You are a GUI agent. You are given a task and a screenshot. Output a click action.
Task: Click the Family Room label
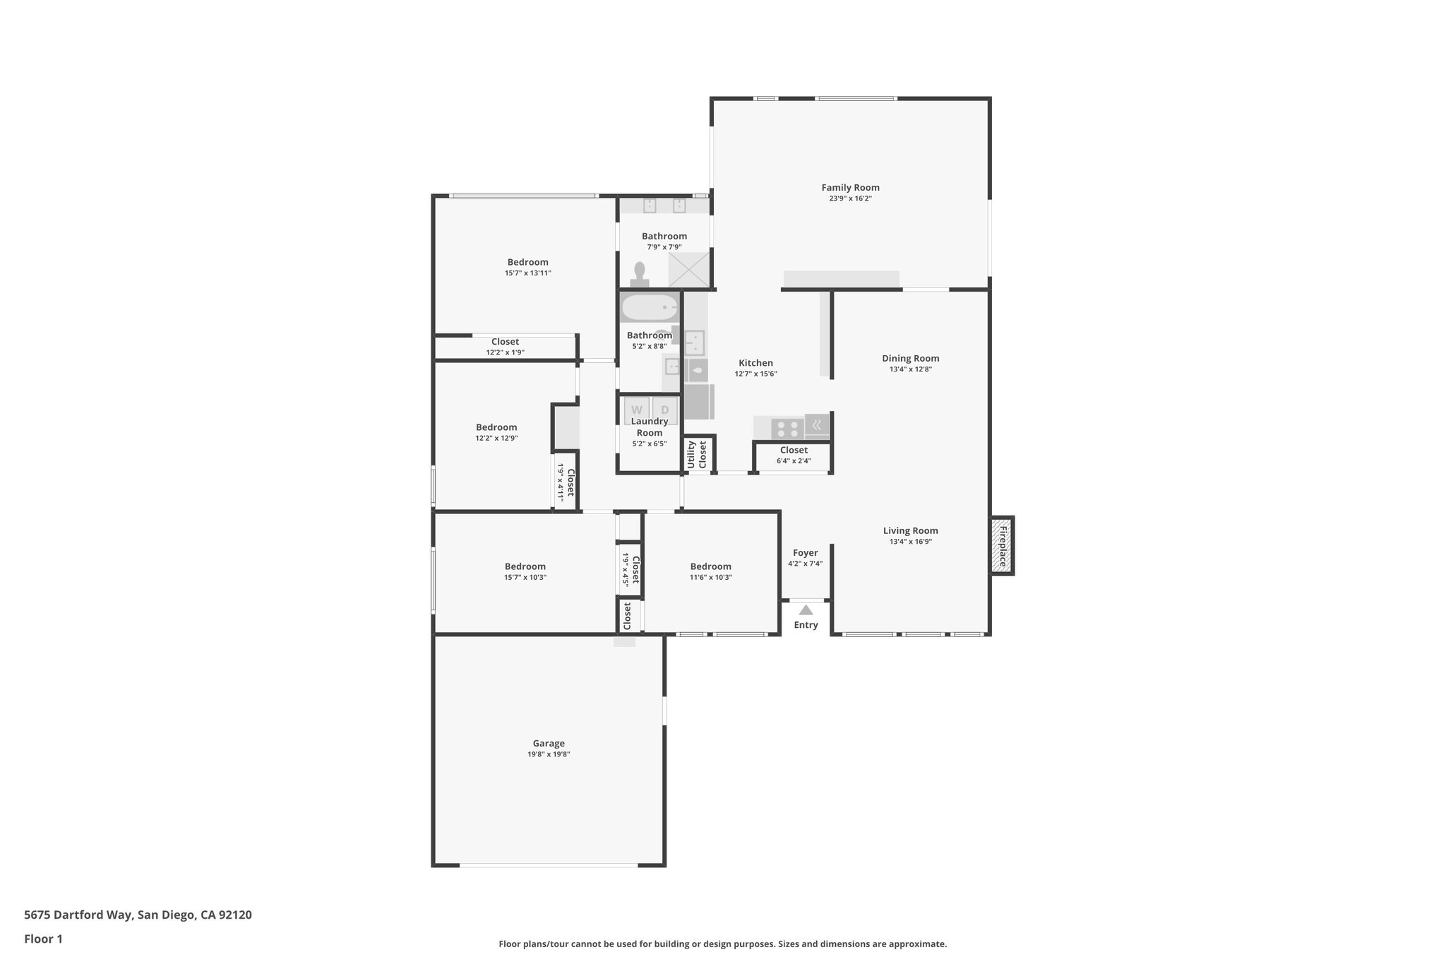pos(850,188)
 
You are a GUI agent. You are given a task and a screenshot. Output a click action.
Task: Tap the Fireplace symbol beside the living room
pos(1002,545)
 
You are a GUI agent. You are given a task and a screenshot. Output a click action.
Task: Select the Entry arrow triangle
pos(806,610)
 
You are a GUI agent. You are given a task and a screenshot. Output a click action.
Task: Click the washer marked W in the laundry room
pos(637,410)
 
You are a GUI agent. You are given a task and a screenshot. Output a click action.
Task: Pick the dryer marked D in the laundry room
pos(664,410)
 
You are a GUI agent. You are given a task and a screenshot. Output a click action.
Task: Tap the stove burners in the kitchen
pos(787,429)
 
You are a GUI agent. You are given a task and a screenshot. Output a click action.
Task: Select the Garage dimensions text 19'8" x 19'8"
pos(549,754)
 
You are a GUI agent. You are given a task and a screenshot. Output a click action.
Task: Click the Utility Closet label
pos(697,454)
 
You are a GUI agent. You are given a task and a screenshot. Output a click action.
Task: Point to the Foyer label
pos(805,553)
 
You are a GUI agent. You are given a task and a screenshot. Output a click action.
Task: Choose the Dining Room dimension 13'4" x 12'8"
pos(910,369)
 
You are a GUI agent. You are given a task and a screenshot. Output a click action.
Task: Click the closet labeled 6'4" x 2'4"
pos(794,456)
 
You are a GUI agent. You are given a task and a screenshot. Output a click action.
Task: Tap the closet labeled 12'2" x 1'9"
pos(505,347)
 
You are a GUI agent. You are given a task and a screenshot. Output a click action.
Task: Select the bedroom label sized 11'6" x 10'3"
pos(710,566)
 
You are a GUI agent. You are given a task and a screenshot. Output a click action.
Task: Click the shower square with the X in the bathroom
pos(688,269)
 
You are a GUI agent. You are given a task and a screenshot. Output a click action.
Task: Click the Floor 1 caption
pos(43,939)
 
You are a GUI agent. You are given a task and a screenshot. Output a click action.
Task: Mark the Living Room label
pos(910,531)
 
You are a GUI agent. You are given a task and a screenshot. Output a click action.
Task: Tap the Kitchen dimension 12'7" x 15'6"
pos(755,374)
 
